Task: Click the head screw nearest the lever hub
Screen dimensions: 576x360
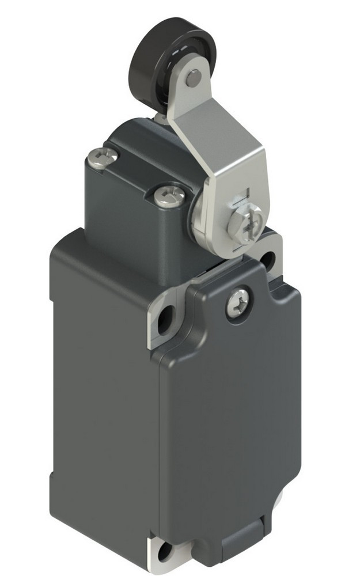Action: (169, 196)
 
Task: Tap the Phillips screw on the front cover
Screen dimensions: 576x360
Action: (237, 298)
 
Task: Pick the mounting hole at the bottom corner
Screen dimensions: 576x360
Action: (165, 555)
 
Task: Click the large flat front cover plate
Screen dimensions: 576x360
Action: (230, 415)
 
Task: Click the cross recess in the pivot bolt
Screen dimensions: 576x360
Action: (247, 222)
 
